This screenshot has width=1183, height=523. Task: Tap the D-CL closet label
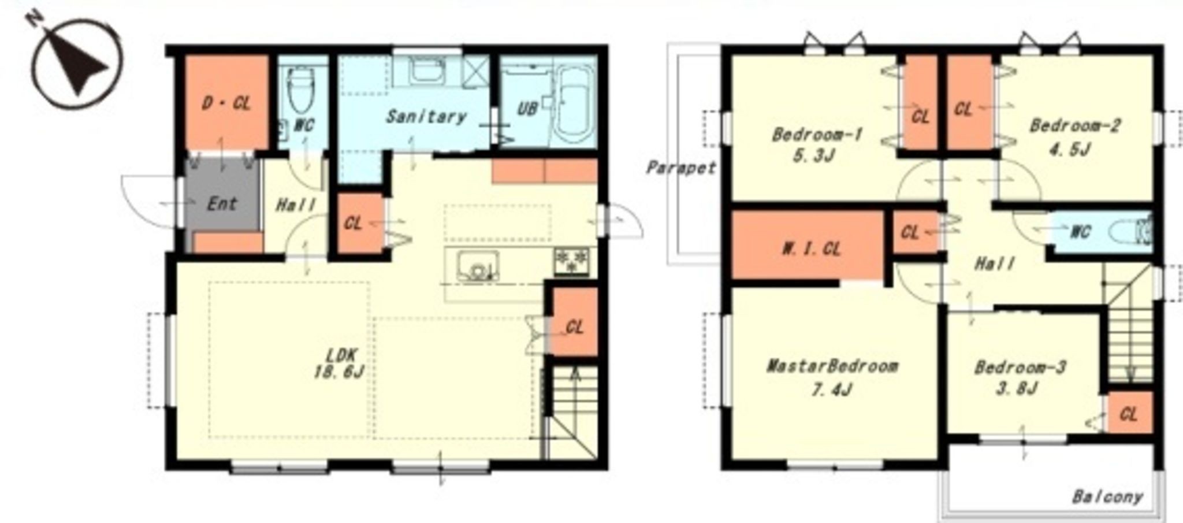coord(226,104)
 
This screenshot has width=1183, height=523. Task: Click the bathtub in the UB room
coord(572,105)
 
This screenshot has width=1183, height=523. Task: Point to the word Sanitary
coord(426,117)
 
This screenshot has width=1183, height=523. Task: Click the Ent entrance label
coord(222,203)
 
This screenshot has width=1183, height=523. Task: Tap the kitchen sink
coord(478,266)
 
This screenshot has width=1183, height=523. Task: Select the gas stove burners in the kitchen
coord(572,261)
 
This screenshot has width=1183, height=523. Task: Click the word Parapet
coord(681,168)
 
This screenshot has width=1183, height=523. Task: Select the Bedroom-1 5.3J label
coord(817,145)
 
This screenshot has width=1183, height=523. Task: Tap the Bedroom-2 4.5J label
coord(1074,136)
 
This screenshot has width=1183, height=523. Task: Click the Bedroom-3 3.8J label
coord(1020,377)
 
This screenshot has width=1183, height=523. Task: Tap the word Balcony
coord(1107,497)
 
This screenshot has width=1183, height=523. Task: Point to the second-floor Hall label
coord(994,264)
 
